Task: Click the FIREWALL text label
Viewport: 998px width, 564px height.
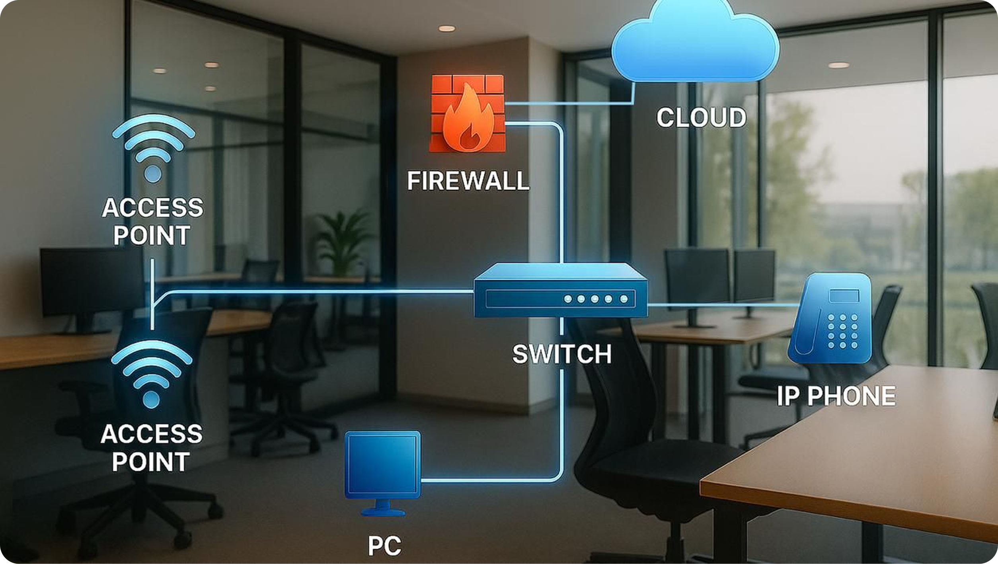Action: [468, 181]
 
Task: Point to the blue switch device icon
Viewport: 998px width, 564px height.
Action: [560, 291]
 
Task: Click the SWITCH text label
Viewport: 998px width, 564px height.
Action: [561, 354]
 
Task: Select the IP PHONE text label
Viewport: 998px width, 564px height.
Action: [836, 396]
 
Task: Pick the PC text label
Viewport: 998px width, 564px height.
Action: [384, 546]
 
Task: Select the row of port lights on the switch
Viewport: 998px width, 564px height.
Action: [596, 299]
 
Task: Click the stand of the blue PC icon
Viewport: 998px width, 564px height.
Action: [382, 507]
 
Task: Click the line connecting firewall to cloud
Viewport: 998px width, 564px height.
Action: [569, 103]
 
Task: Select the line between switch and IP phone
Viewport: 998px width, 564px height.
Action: [720, 305]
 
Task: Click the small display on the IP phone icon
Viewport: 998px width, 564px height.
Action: [844, 296]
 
